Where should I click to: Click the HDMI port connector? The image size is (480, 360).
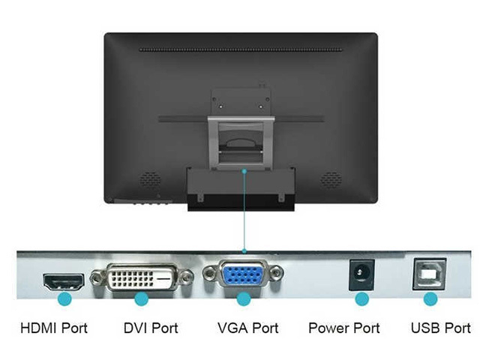click(63, 281)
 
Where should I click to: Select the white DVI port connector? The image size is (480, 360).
click(142, 278)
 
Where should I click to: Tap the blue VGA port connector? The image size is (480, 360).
click(243, 275)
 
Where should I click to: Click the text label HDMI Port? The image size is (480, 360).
click(54, 328)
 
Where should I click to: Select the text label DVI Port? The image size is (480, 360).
click(151, 328)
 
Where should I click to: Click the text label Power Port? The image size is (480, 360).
click(344, 328)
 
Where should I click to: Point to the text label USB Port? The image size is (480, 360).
click(440, 328)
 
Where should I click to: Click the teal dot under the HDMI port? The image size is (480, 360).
click(64, 298)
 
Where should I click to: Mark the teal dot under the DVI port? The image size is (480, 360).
click(142, 298)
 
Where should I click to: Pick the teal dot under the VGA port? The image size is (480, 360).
click(243, 298)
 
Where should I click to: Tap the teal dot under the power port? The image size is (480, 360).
click(361, 298)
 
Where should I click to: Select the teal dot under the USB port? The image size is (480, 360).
click(430, 298)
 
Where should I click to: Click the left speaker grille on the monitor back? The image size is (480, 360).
click(151, 180)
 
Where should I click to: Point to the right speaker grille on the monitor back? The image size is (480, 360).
click(331, 180)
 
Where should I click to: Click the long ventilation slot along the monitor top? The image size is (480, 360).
click(240, 50)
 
